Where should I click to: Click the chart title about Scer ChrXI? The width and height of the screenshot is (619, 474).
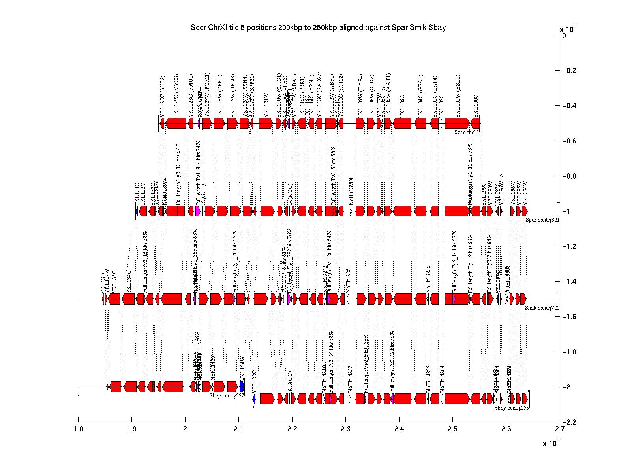(x=318, y=27)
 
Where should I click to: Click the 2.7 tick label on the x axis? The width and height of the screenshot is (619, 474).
(x=559, y=430)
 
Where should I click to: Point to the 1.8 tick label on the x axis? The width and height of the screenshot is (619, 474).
(x=78, y=430)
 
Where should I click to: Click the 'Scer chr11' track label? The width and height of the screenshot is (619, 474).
(x=467, y=132)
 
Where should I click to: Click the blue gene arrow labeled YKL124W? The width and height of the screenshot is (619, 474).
(x=242, y=387)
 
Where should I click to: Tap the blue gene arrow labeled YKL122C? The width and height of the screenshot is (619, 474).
(x=254, y=399)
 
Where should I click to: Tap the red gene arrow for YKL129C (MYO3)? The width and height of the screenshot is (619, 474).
(x=176, y=123)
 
